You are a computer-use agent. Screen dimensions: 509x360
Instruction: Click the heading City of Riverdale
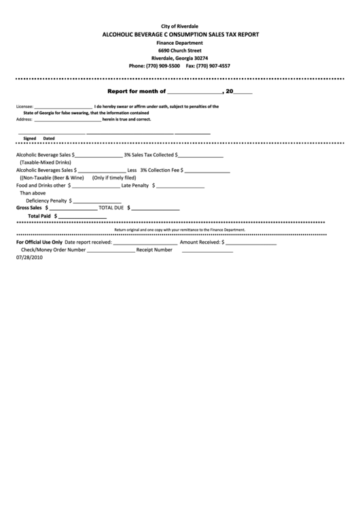[x=180, y=26]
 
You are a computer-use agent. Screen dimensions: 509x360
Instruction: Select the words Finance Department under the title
[x=180, y=42]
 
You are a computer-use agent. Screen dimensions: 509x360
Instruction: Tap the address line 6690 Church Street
[x=180, y=50]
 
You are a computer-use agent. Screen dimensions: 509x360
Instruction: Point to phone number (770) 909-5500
[x=164, y=66]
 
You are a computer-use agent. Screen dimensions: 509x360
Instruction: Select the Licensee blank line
[x=63, y=107]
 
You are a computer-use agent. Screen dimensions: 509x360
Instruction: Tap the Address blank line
[x=67, y=120]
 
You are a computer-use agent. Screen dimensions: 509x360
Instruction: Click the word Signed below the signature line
[x=29, y=138]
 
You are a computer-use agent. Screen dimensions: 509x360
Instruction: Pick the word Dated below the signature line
[x=49, y=138]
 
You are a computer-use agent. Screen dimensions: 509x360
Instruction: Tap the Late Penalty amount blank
[x=181, y=186]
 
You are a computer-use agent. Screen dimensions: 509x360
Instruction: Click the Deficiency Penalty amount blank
[x=96, y=202]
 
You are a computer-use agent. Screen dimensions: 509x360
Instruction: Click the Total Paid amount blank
[x=79, y=217]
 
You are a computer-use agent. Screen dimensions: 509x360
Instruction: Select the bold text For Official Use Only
[x=39, y=242]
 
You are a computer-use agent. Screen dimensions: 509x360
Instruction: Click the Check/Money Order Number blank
[x=111, y=251]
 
